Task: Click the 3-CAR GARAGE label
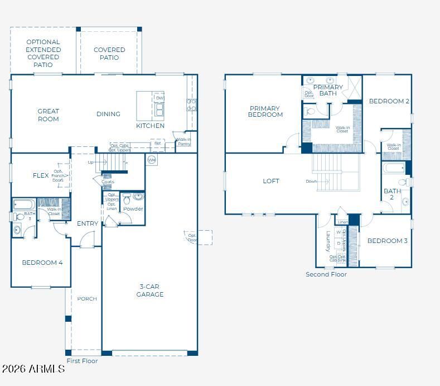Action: [150, 290]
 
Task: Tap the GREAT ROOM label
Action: [49, 115]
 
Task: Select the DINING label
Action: [108, 114]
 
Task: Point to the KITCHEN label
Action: [151, 126]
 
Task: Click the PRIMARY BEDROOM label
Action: [266, 112]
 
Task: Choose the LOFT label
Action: [271, 181]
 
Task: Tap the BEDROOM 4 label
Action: [42, 263]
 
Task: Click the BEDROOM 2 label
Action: [389, 101]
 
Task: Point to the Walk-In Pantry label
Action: [183, 142]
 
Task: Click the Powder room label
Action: [133, 209]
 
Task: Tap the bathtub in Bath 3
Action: [24, 204]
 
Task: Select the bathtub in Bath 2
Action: [394, 168]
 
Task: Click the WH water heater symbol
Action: [152, 160]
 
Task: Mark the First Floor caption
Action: [82, 361]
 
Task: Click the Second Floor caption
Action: [326, 274]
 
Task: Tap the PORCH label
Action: [87, 299]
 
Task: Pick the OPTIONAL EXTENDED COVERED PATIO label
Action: [43, 54]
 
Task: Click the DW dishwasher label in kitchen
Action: [159, 98]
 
